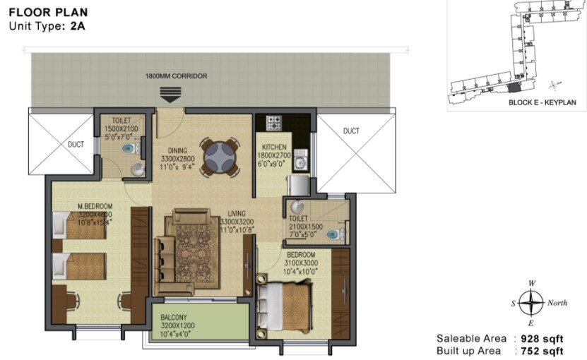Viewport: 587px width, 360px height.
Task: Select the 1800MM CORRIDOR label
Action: coord(176,76)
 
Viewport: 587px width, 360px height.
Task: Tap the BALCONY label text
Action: coord(173,318)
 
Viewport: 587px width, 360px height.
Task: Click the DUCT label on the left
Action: coord(76,145)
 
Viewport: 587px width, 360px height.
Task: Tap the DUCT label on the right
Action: coord(351,131)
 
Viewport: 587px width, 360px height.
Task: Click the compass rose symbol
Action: coord(530,303)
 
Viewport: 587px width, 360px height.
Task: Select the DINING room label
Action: coord(177,150)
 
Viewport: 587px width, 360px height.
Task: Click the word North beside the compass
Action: coord(557,304)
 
